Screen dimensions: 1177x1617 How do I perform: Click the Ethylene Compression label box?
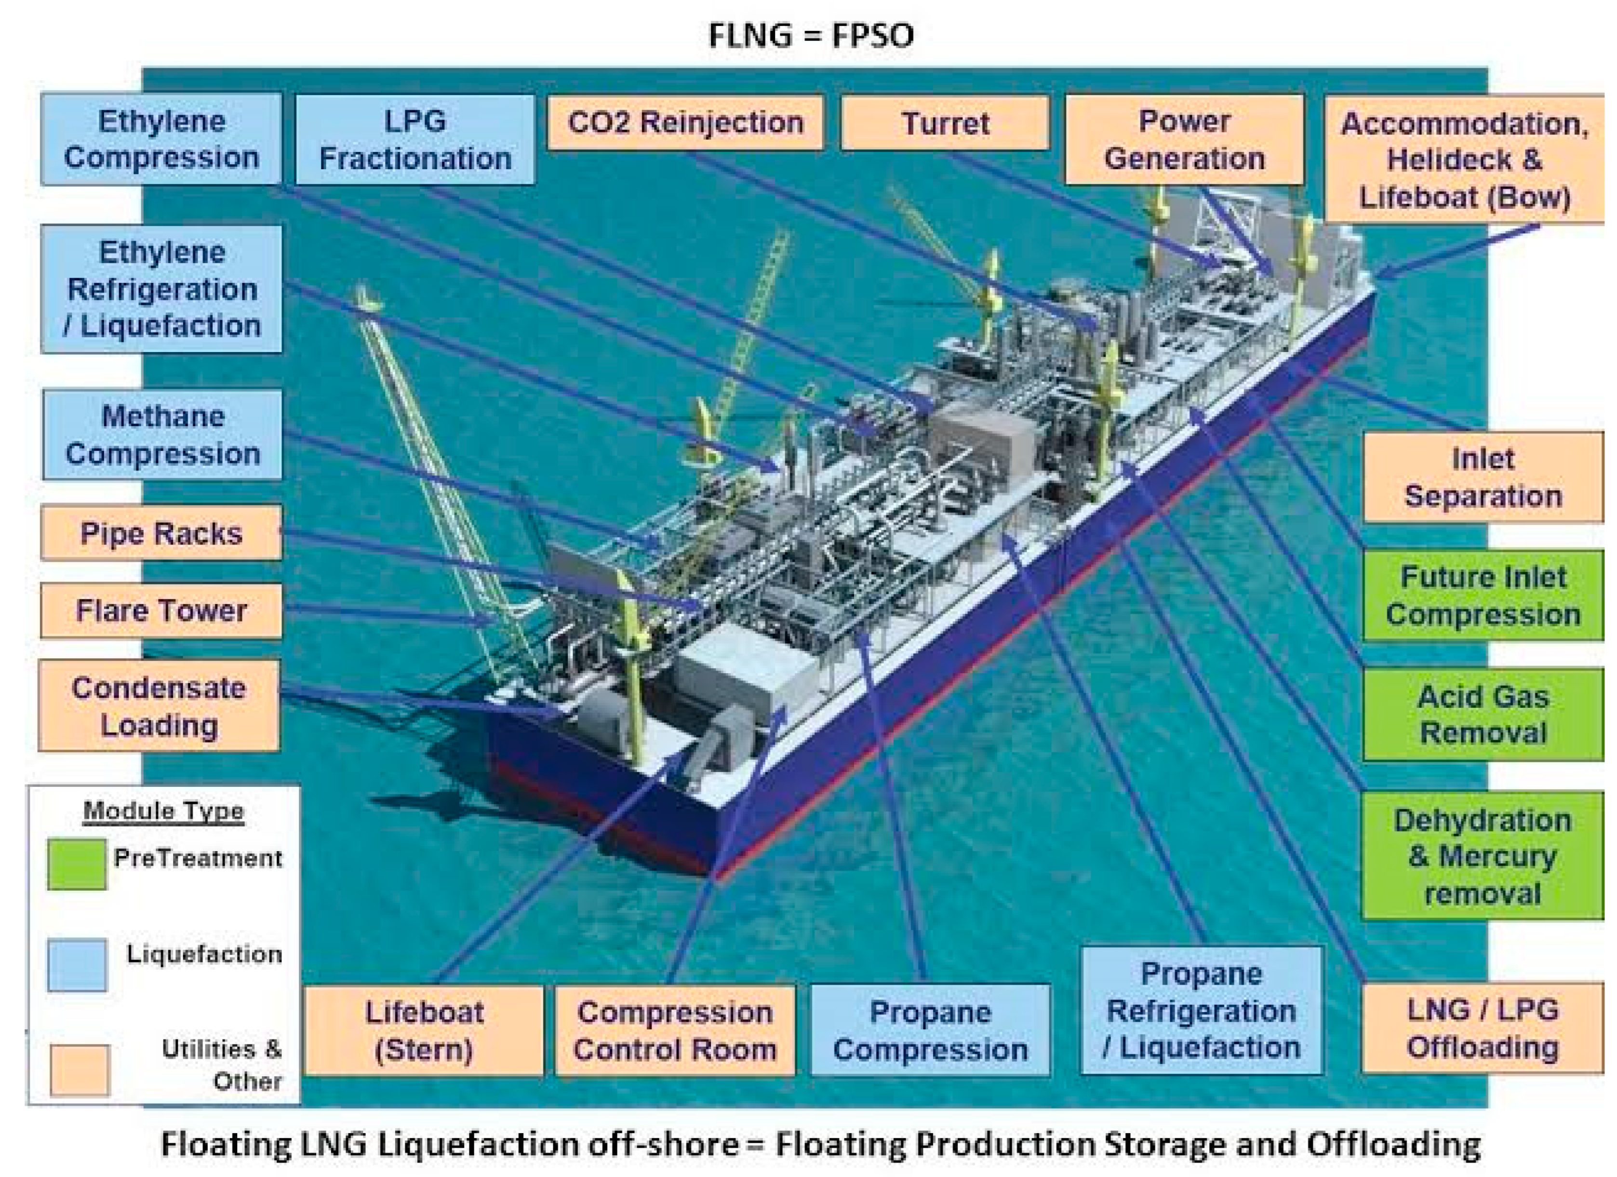161,139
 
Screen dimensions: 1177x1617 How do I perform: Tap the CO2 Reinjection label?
685,122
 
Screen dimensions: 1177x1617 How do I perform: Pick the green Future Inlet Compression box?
1482,595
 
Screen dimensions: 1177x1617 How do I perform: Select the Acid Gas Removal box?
1482,714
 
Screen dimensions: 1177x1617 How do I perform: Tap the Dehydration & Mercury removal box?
1482,855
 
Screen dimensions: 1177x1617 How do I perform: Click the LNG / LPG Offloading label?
1482,1028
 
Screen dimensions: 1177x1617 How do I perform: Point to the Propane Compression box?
930,1030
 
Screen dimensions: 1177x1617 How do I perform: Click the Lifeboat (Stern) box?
424,1030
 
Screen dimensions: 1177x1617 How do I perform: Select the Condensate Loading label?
159,706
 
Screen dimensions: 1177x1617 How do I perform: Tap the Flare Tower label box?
161,610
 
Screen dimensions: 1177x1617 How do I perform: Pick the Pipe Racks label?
161,533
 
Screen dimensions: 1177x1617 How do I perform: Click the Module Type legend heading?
163,811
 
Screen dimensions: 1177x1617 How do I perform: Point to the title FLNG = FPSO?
811,34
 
